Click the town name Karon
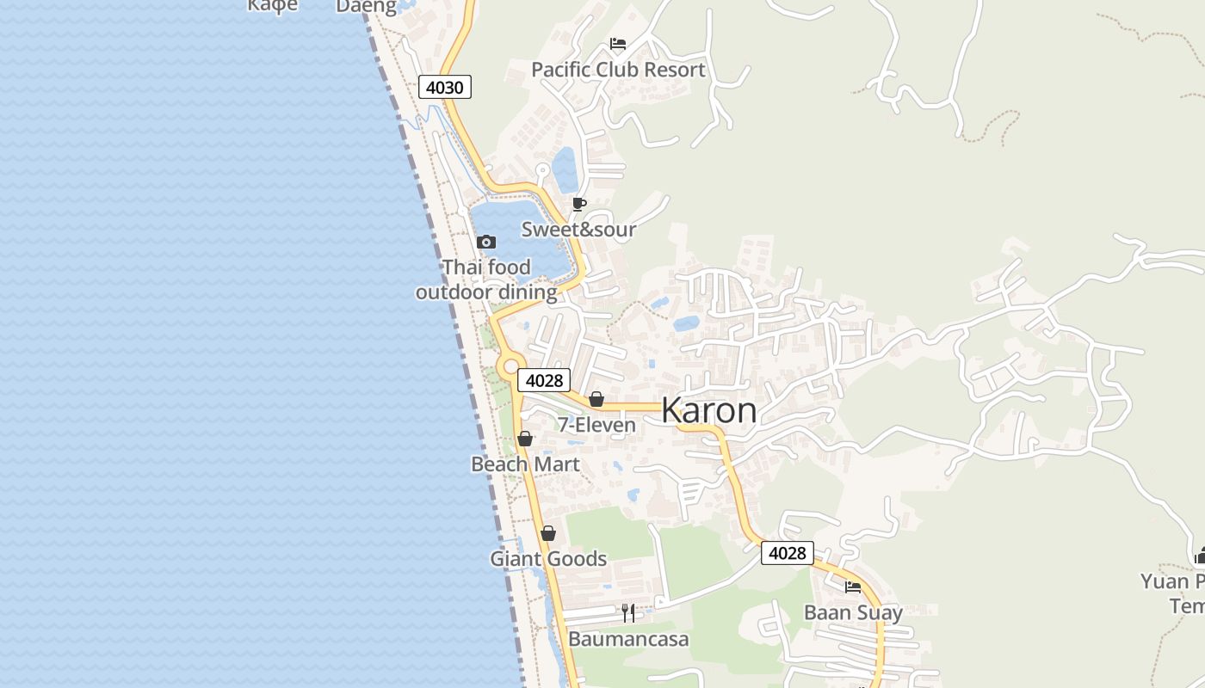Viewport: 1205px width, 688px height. pyautogui.click(x=709, y=411)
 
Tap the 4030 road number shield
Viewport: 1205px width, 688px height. pyautogui.click(x=445, y=87)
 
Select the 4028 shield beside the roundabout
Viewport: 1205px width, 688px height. pyautogui.click(x=544, y=380)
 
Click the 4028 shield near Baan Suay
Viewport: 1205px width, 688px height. pyautogui.click(x=787, y=553)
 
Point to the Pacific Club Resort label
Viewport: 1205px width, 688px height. pyautogui.click(x=618, y=70)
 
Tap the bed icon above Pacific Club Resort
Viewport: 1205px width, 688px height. pyautogui.click(x=617, y=44)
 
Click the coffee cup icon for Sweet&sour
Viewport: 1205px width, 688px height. pyautogui.click(x=579, y=204)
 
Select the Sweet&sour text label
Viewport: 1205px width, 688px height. pyautogui.click(x=578, y=230)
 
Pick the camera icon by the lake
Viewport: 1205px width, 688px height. pyautogui.click(x=486, y=242)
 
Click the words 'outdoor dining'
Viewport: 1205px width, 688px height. pyautogui.click(x=486, y=292)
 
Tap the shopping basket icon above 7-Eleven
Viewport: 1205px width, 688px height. pyautogui.click(x=596, y=399)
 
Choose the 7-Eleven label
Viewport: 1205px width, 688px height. pyautogui.click(x=596, y=425)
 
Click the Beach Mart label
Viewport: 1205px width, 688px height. pyautogui.click(x=525, y=464)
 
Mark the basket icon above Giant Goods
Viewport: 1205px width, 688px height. pyautogui.click(x=548, y=533)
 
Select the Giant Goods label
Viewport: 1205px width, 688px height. pyautogui.click(x=548, y=559)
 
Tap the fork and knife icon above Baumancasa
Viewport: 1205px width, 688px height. pyautogui.click(x=628, y=613)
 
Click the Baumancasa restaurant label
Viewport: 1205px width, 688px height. pyautogui.click(x=628, y=639)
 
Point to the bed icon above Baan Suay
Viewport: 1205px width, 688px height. pyautogui.click(x=853, y=587)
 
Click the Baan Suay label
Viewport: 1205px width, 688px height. pyautogui.click(x=853, y=613)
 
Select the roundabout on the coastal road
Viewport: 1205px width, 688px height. pyautogui.click(x=510, y=366)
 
